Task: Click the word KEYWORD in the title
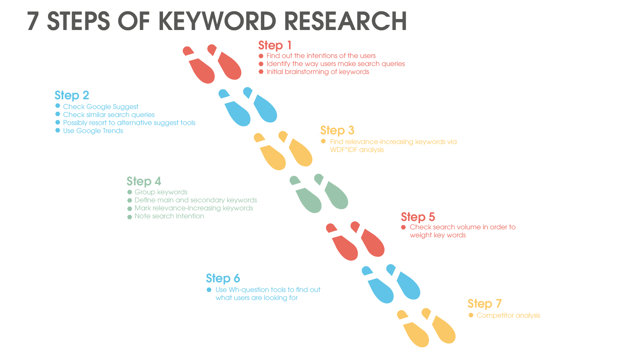217,21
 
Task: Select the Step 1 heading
275,45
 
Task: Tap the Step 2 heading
72,95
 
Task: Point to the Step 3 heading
337,130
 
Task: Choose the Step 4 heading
144,181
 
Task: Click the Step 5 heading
418,217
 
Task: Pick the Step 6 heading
223,278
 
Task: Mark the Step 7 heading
484,304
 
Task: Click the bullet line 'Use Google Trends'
93,131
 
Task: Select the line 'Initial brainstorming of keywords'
318,72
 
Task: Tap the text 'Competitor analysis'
508,315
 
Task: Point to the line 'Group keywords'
161,192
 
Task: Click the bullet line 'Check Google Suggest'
101,107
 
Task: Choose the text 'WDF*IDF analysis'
357,150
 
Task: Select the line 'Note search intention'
169,216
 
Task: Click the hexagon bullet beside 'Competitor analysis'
471,315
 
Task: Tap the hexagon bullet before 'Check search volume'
403,227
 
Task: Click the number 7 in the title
33,21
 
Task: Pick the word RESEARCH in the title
345,21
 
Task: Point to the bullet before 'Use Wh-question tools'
209,290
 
